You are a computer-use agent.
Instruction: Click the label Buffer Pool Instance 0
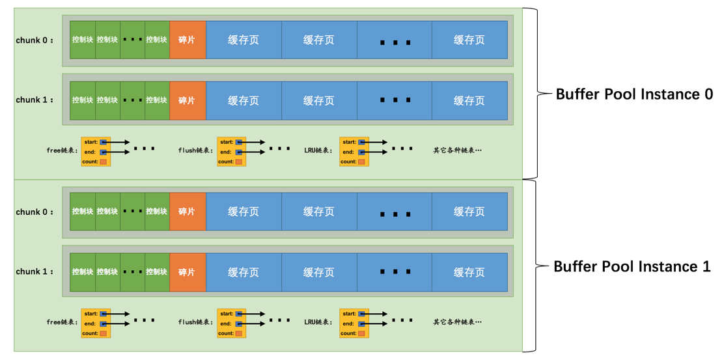(x=634, y=94)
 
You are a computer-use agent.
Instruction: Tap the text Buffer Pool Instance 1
(x=632, y=267)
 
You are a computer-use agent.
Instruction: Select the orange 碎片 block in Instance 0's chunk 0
(x=188, y=40)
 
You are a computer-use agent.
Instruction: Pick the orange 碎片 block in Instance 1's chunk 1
(x=188, y=272)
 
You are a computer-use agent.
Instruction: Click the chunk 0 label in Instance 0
(x=35, y=40)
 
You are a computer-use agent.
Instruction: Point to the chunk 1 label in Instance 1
(x=35, y=272)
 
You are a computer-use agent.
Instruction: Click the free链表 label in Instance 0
(x=62, y=151)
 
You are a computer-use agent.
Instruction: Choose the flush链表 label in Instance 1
(x=195, y=322)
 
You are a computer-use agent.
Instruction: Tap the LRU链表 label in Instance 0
(x=318, y=151)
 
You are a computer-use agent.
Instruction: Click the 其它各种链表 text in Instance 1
(x=457, y=322)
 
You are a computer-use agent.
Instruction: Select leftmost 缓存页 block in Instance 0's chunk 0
(x=244, y=40)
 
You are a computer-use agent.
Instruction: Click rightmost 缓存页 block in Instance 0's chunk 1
(x=469, y=101)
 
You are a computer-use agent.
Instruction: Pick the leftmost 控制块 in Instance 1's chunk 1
(x=83, y=272)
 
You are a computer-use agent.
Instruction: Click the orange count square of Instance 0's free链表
(x=104, y=161)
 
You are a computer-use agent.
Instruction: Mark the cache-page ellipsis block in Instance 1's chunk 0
(x=395, y=212)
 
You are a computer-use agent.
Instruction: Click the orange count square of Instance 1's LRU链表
(x=361, y=333)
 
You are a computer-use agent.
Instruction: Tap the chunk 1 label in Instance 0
(x=35, y=100)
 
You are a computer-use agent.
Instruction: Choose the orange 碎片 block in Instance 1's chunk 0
(x=188, y=212)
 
